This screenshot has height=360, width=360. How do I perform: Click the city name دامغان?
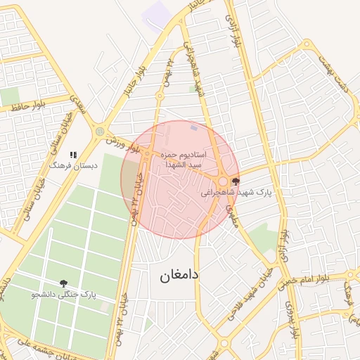(175, 276)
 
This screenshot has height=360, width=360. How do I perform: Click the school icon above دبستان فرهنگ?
(72, 155)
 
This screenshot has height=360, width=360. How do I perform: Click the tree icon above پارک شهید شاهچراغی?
(234, 181)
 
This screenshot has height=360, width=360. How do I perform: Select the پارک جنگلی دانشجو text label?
(63, 295)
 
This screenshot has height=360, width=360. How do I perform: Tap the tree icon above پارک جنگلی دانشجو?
(64, 284)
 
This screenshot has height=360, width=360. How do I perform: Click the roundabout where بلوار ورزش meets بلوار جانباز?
(100, 131)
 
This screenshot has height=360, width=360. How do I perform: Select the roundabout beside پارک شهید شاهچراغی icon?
(223, 181)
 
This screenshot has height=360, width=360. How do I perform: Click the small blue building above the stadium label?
(193, 128)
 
